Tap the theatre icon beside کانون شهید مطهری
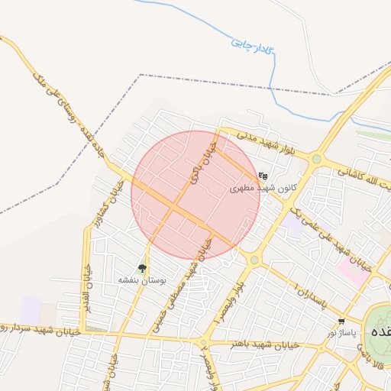(263, 175)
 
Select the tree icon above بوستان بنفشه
(142, 268)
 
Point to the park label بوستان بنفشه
(142, 280)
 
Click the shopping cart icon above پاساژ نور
(341, 322)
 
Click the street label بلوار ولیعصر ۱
(229, 299)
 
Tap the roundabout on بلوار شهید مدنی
(315, 159)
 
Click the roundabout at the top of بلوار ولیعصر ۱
(254, 260)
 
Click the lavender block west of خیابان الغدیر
(31, 309)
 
